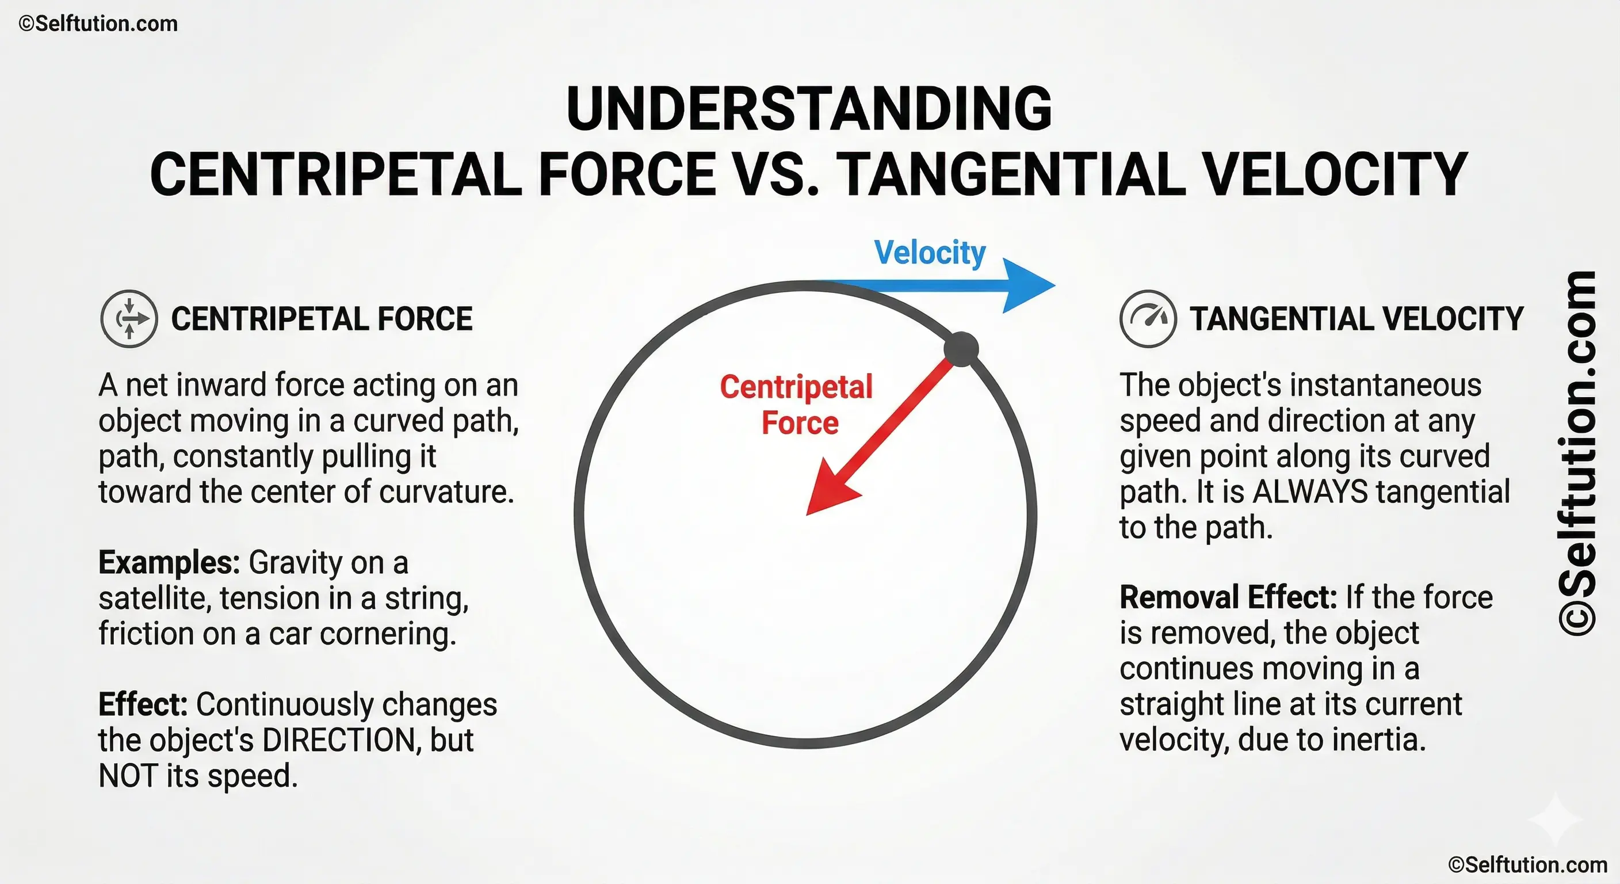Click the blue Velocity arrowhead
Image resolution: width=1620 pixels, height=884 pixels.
point(1025,285)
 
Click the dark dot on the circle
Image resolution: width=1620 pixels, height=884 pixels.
point(961,349)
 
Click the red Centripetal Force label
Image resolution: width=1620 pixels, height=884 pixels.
point(797,405)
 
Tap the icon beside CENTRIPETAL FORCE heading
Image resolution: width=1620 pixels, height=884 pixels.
point(129,319)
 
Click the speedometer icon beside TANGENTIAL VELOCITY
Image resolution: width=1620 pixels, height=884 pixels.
point(1148,319)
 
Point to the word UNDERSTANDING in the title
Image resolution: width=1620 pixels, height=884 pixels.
point(809,109)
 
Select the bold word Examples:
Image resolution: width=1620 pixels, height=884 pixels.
point(169,562)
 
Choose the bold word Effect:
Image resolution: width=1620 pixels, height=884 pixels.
point(143,704)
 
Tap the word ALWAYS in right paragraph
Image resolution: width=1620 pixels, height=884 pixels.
point(1310,492)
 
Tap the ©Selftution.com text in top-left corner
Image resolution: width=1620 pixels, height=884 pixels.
point(98,24)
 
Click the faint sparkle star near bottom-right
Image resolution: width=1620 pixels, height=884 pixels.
point(1554,818)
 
